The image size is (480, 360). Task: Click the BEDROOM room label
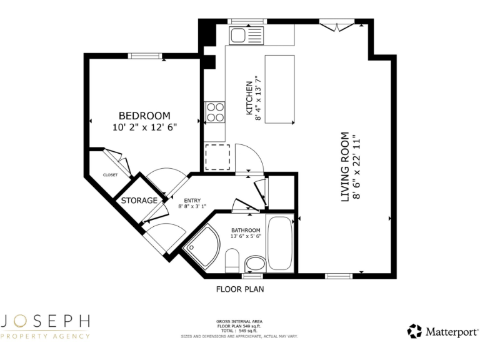tap(144, 116)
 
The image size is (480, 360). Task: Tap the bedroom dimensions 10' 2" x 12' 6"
tap(144, 127)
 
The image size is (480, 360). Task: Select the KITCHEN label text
tap(249, 97)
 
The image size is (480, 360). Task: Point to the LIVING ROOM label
tap(344, 166)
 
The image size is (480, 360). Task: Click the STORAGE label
tap(139, 201)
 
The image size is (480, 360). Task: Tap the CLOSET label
tap(110, 175)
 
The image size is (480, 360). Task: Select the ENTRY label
tap(192, 200)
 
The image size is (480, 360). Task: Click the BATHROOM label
tap(246, 230)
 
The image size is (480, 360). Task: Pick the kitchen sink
tap(238, 35)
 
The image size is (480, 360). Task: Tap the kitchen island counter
tap(279, 89)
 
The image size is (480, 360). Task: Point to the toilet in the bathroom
tap(232, 260)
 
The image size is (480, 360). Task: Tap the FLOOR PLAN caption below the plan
tap(240, 289)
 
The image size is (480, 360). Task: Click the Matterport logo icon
tap(414, 331)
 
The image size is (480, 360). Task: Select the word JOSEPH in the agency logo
tap(47, 321)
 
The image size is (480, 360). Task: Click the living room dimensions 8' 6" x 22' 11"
tap(357, 166)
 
